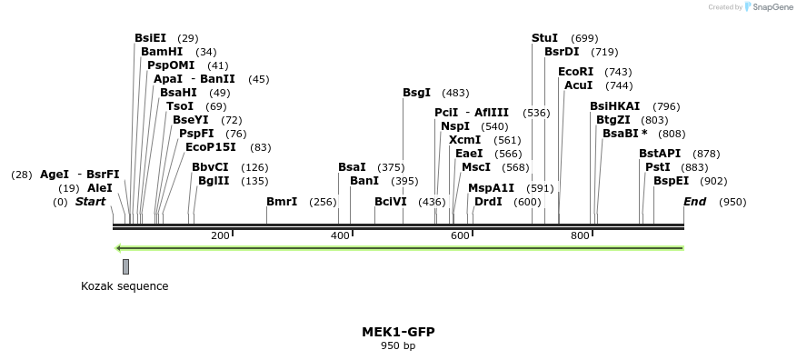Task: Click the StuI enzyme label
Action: tap(544, 38)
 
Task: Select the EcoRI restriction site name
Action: tap(575, 72)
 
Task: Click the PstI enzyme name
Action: tap(657, 167)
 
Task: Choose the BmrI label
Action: tap(282, 202)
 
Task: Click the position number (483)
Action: tap(455, 93)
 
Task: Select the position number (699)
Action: tap(584, 38)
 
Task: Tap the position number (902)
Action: tap(713, 181)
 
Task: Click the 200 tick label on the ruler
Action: tap(220, 236)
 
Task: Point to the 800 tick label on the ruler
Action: tap(580, 236)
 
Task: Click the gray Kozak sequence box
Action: tap(125, 266)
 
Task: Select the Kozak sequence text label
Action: tap(125, 286)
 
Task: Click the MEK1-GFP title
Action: tap(398, 332)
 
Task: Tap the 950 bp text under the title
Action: tap(398, 345)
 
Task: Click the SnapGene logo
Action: tap(768, 7)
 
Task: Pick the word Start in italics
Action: tap(90, 202)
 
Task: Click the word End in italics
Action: tap(695, 202)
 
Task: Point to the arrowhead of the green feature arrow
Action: tap(118, 247)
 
